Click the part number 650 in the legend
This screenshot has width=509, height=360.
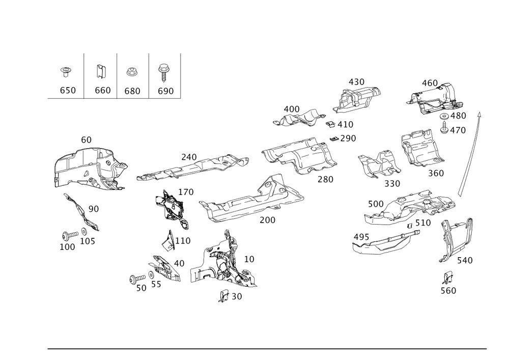[x=68, y=91]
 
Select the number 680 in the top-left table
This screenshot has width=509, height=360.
[x=132, y=91]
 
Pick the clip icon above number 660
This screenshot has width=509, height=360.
[x=101, y=72]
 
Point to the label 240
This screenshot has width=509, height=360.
[x=188, y=157]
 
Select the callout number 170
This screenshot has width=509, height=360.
[x=186, y=192]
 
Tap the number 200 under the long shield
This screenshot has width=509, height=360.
[x=267, y=220]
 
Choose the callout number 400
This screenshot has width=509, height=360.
[x=291, y=109]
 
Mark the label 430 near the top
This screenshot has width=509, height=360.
[x=356, y=82]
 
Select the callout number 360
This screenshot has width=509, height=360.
[x=436, y=173]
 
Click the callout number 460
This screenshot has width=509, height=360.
[x=430, y=82]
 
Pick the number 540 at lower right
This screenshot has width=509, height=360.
[x=464, y=260]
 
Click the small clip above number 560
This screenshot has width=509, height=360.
[x=448, y=278]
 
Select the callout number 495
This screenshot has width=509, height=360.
[x=361, y=236]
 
